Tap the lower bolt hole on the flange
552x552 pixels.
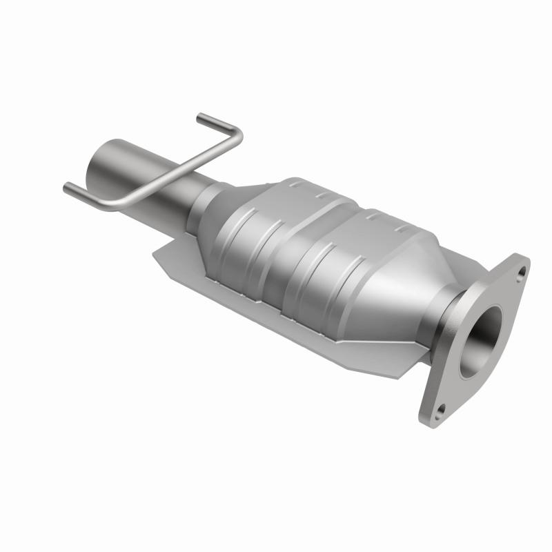[440, 414]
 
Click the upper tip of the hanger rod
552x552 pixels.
[200, 117]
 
